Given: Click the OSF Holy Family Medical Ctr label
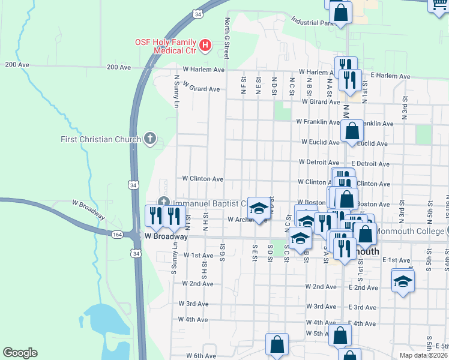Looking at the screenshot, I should click(x=166, y=46).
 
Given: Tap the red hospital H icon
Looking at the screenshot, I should click(x=205, y=44).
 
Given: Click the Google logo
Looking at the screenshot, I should click(x=20, y=353).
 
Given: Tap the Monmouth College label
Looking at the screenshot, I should click(x=409, y=230).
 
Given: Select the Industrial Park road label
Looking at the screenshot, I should click(x=312, y=23).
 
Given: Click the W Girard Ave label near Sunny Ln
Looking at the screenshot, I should click(x=197, y=89).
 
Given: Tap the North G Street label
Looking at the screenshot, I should click(x=228, y=37).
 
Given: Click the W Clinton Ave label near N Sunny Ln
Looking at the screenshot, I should click(x=203, y=179).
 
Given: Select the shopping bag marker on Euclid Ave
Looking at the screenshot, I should click(x=352, y=131).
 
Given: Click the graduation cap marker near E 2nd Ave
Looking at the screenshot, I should click(x=403, y=280).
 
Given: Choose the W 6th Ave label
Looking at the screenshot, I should click(x=200, y=355).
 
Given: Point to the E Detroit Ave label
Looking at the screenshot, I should click(x=370, y=163).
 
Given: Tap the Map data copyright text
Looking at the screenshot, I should click(x=423, y=355).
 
